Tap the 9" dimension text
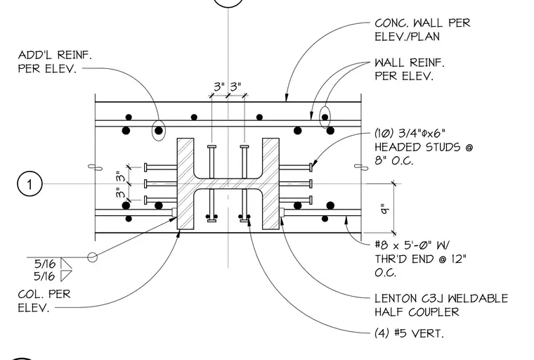click(384, 209)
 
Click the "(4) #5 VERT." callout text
click(409, 333)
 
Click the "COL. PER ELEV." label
click(44, 301)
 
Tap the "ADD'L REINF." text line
click(55, 55)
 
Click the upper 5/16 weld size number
click(44, 264)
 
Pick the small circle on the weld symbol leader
click(92, 257)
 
